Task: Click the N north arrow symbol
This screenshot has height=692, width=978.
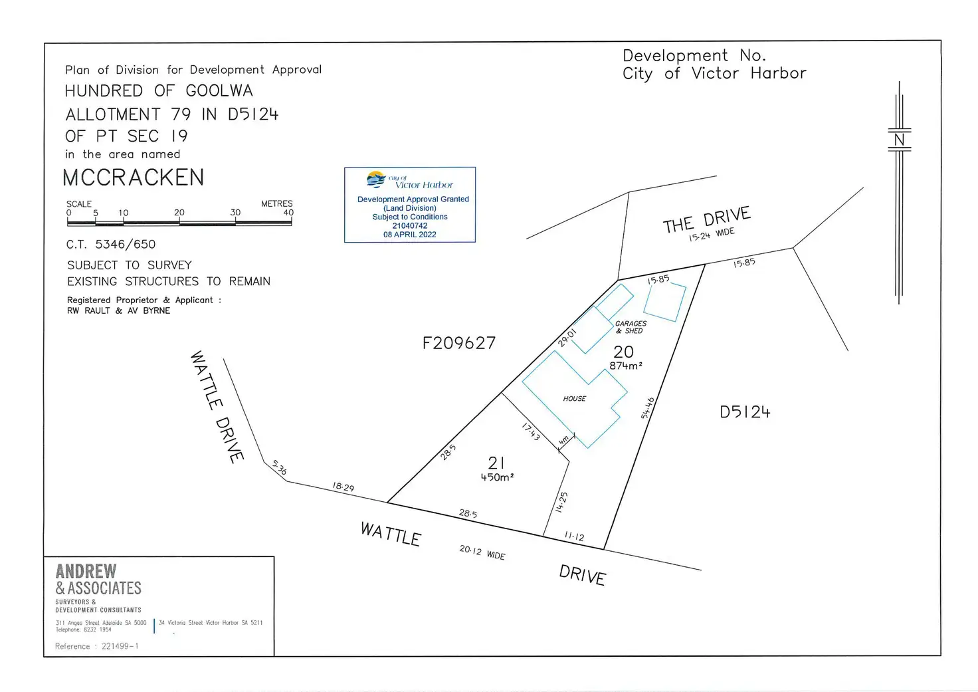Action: [899, 140]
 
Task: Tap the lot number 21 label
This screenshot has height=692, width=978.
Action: [496, 463]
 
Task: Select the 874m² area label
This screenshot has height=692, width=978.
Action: [625, 366]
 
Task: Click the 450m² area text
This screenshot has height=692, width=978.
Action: [497, 477]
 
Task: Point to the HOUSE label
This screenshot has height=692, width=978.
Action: [575, 399]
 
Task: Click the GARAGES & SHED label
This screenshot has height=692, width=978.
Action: [631, 327]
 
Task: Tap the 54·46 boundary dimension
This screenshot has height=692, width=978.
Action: [648, 407]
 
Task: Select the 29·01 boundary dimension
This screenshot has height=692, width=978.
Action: [567, 337]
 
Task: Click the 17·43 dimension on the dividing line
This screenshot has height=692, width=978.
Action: [530, 432]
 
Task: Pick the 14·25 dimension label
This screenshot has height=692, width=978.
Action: [561, 502]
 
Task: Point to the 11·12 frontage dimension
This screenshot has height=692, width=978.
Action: [574, 536]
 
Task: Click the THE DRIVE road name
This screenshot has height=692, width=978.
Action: [706, 219]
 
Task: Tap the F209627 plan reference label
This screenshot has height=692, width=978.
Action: [459, 343]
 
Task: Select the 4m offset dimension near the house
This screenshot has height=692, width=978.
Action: [564, 440]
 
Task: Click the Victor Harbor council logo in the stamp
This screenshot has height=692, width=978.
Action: [377, 179]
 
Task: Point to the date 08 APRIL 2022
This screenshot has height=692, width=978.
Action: [409, 235]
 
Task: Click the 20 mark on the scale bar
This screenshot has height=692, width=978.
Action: [179, 213]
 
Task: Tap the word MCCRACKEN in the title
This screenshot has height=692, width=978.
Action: [134, 177]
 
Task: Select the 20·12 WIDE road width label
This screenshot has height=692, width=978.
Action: [482, 552]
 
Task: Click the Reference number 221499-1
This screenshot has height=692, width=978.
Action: [120, 646]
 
